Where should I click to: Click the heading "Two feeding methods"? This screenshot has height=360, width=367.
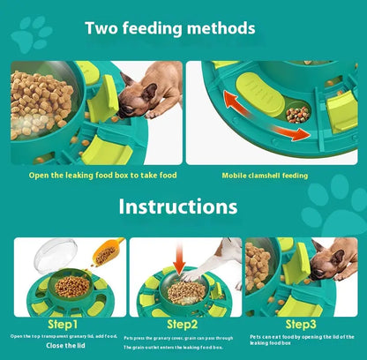(x=170, y=28)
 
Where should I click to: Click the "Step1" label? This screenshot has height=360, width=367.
(x=66, y=311)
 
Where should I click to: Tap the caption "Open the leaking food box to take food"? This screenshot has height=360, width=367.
(x=103, y=176)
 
